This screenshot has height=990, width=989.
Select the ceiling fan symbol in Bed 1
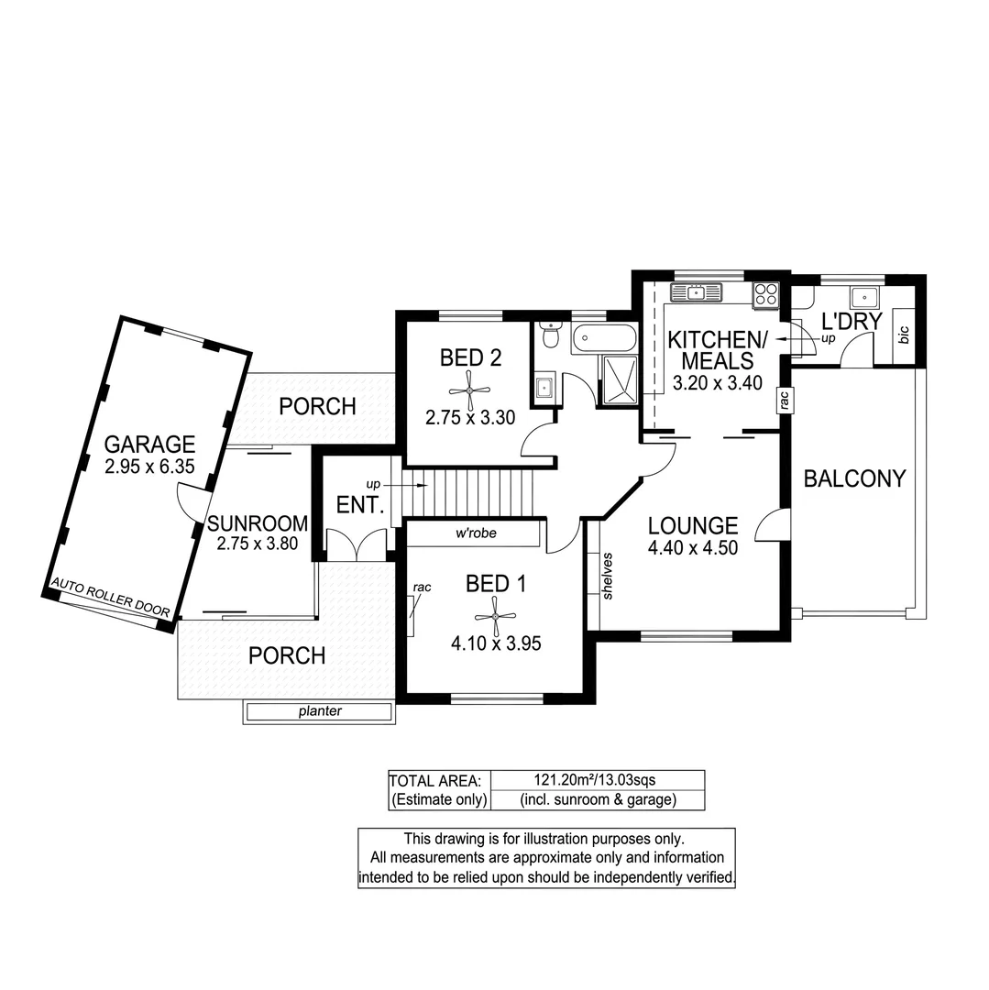(495, 616)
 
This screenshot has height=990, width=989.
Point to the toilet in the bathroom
(550, 336)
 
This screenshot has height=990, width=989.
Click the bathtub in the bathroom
(603, 339)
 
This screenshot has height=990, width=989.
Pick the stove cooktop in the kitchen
(765, 294)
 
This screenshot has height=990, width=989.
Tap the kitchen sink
(697, 292)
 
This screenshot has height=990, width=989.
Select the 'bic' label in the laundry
(905, 336)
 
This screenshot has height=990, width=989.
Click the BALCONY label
(854, 478)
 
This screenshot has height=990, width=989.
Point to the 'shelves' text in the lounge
(608, 576)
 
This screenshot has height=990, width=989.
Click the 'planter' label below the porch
(319, 711)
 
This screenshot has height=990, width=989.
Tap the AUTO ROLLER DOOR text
(111, 599)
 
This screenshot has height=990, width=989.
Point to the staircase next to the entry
(470, 494)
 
